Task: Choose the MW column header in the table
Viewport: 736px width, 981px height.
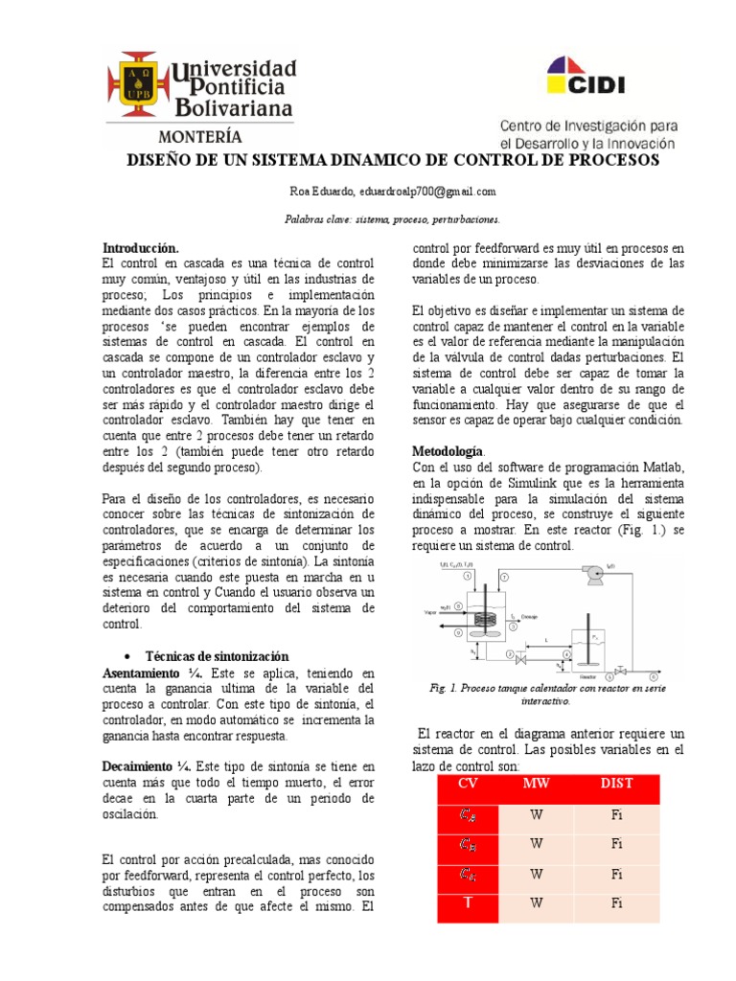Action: tap(537, 784)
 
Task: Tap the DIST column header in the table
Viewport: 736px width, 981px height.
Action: tap(617, 784)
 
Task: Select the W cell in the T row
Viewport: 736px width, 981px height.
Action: tap(537, 902)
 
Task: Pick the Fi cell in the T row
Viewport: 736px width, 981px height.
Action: tap(617, 902)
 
